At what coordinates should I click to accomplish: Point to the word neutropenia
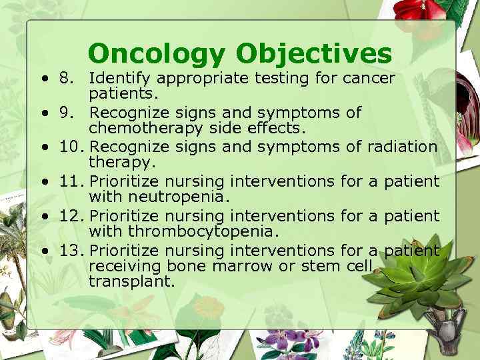(173, 196)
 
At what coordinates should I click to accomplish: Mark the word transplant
(131, 282)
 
